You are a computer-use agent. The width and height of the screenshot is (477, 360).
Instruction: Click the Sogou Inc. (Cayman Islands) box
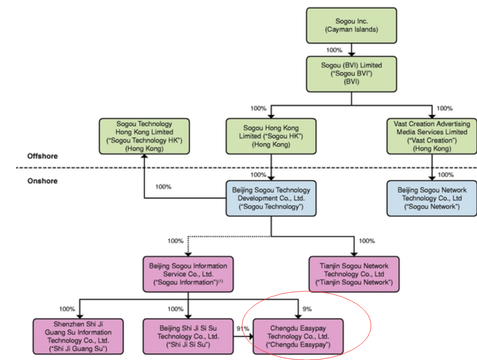coord(352,25)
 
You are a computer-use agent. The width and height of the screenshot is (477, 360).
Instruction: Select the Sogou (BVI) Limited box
coord(352,73)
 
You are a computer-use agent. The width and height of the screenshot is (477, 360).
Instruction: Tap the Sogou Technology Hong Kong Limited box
coord(144,137)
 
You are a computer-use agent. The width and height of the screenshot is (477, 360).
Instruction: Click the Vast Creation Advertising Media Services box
coord(431,137)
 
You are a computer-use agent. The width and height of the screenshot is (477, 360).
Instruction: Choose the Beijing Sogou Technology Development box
coord(271,199)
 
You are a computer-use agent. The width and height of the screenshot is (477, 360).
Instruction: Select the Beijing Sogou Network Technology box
coord(431,199)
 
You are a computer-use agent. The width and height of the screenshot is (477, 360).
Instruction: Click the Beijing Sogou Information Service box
coord(188,275)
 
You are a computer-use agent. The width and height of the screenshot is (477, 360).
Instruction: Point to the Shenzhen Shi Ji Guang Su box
coord(78,336)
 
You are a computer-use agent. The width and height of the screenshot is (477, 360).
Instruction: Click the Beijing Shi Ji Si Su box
coord(188,336)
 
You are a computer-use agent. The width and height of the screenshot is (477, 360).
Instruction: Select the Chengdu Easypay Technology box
coord(298,336)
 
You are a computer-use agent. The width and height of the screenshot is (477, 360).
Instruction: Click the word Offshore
coord(42,156)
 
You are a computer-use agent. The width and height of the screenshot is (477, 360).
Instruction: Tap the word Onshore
coord(42,181)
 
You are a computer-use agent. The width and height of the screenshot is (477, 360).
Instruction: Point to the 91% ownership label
coord(242,328)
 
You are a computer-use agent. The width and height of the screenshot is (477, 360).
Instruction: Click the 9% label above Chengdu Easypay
coord(307,309)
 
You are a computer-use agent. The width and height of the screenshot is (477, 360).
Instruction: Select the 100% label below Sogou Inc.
coord(334,50)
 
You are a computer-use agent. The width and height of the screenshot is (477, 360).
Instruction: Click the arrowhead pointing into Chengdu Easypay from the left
coord(250,336)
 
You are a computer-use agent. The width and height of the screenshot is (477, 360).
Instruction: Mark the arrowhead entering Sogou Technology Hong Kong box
coord(144,157)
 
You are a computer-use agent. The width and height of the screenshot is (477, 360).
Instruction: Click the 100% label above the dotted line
coord(175,241)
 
